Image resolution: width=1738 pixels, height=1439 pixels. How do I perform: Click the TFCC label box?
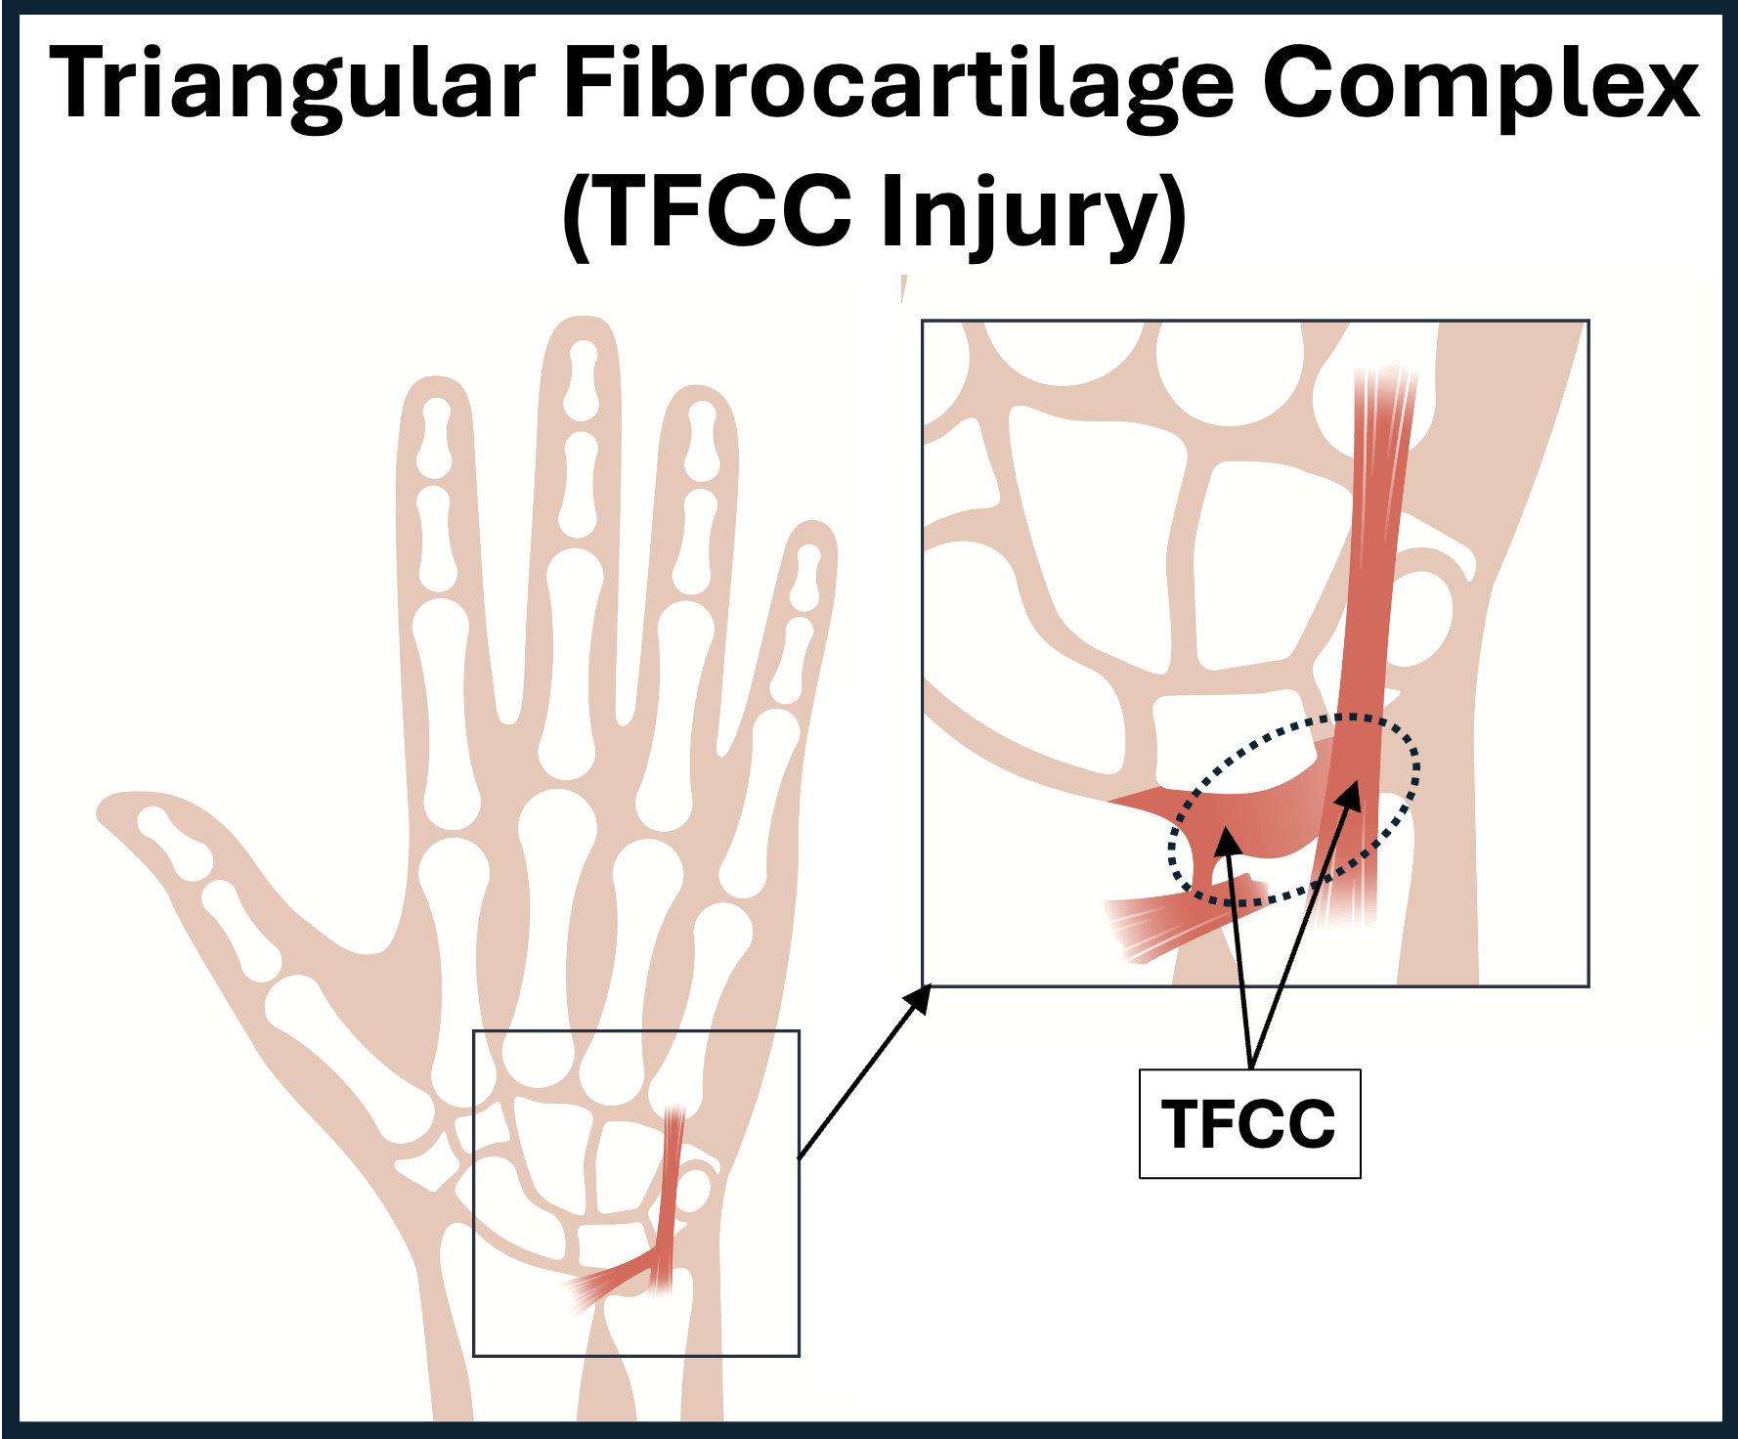pyautogui.click(x=1249, y=1123)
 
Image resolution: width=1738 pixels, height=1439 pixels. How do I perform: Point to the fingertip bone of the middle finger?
pyautogui.click(x=583, y=376)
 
